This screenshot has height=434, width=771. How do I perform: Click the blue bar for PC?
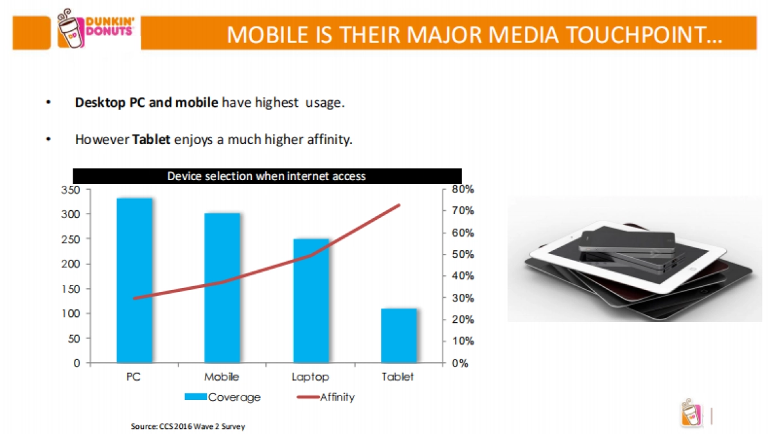(x=134, y=280)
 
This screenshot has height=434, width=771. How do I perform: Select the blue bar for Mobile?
(x=222, y=287)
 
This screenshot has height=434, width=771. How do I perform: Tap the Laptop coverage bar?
(x=311, y=300)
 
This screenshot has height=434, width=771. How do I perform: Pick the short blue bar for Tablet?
(x=398, y=335)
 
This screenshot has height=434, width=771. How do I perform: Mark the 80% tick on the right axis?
(x=462, y=189)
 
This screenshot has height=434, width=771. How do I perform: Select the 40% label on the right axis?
(x=462, y=276)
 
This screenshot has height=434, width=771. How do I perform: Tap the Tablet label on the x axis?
(x=398, y=377)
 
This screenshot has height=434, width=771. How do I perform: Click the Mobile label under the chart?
(x=222, y=377)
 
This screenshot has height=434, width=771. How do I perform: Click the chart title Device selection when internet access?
(x=267, y=176)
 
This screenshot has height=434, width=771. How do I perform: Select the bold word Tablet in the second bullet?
(x=152, y=140)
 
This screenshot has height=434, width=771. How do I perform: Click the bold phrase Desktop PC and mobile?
(x=146, y=103)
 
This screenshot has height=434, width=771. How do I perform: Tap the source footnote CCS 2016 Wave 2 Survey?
(x=188, y=426)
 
